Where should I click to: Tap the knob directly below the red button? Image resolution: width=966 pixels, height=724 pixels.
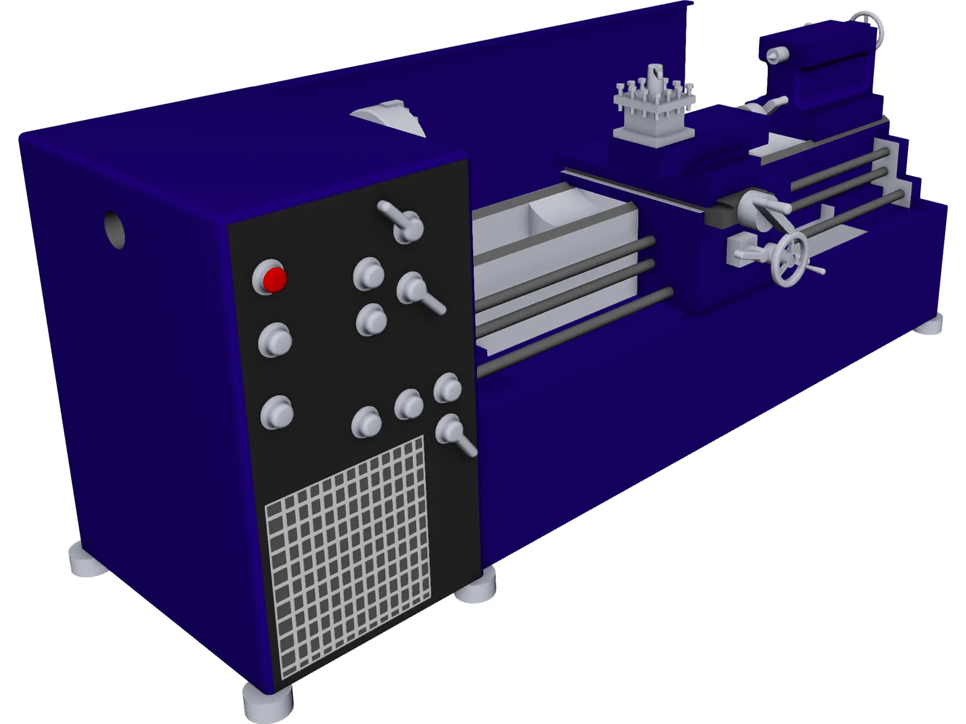coord(275,340)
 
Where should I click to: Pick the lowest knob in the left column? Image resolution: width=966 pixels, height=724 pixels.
coord(277,413)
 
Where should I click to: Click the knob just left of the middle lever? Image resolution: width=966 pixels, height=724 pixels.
coord(368,275)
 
